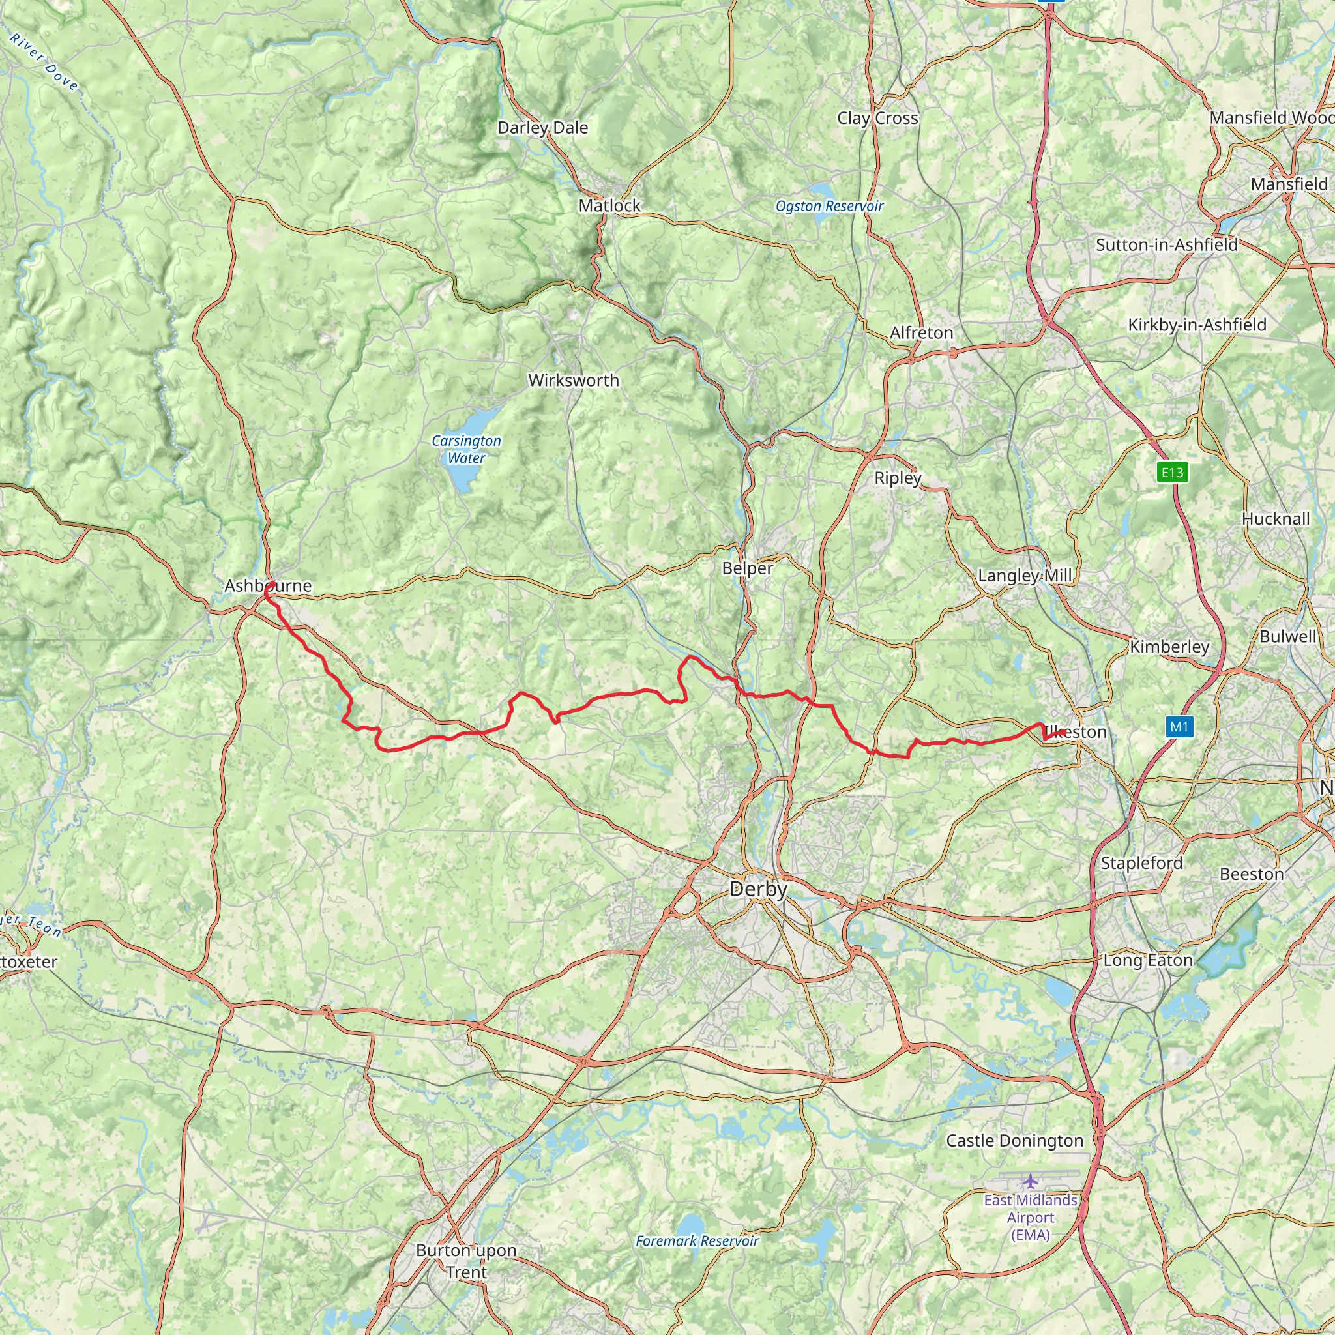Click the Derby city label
click(758, 889)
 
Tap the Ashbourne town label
click(268, 586)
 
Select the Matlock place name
click(609, 205)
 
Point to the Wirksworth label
click(574, 380)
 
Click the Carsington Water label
click(467, 449)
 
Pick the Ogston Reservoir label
click(829, 206)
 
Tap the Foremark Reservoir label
click(697, 1241)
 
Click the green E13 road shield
click(1172, 473)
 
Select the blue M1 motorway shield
click(1179, 726)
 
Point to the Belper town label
click(747, 568)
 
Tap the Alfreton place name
click(921, 333)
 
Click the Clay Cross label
click(877, 118)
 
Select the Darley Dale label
click(542, 128)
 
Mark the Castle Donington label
click(1014, 1141)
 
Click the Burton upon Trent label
click(467, 1261)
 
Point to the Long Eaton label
click(1148, 960)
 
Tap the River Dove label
click(44, 63)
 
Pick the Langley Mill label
click(1025, 576)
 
